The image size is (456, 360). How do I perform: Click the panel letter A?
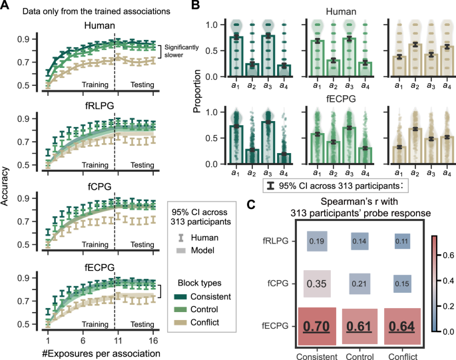(x=5, y=6)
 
